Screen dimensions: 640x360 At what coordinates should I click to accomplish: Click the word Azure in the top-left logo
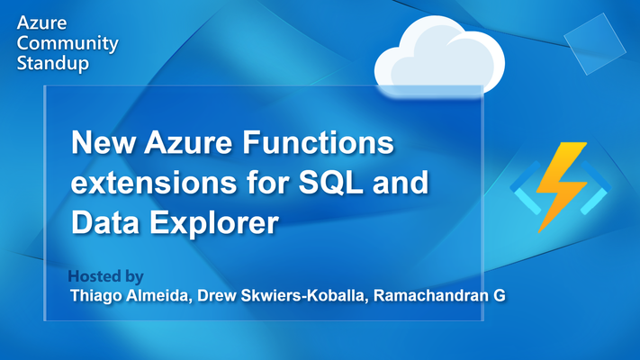[41, 22]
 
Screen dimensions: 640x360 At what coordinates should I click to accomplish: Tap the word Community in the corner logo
[68, 44]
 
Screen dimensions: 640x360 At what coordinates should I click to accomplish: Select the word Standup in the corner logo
[52, 63]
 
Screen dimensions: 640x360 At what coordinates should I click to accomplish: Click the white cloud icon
[439, 56]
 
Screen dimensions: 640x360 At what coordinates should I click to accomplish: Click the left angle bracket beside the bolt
[526, 187]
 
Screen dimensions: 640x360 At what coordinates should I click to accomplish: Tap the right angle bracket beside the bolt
[596, 187]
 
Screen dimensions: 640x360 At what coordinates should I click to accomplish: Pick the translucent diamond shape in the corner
[595, 44]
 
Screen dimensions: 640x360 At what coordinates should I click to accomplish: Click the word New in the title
[104, 142]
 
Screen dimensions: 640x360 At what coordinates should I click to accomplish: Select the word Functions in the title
[319, 142]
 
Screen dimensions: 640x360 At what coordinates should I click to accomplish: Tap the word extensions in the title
[153, 183]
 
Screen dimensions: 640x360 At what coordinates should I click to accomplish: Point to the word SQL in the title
[330, 184]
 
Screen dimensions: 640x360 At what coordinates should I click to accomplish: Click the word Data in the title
[105, 222]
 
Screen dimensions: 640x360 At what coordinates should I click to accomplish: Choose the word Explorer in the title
[215, 224]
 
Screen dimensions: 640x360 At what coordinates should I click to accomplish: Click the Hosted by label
[105, 276]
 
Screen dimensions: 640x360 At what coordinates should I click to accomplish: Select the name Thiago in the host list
[96, 295]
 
